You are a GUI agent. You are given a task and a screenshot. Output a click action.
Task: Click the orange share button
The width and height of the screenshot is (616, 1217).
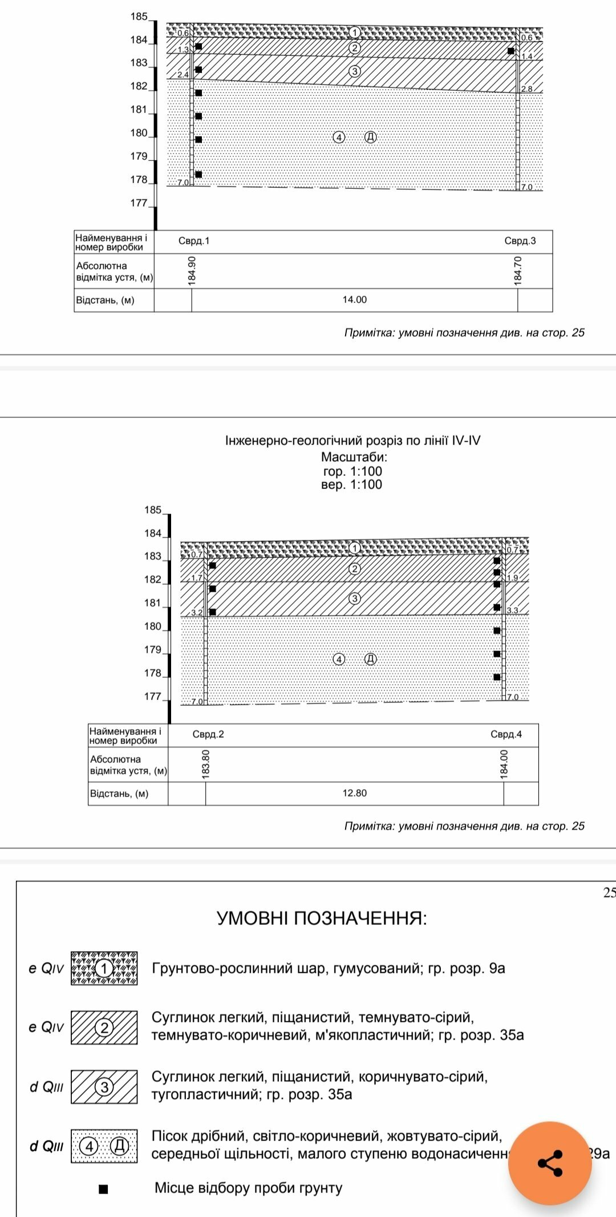click(x=550, y=1163)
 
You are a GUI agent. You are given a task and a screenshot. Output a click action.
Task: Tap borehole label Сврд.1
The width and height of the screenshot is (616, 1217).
click(x=194, y=241)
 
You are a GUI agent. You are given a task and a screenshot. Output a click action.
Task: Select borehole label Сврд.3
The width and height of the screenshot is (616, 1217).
click(x=520, y=241)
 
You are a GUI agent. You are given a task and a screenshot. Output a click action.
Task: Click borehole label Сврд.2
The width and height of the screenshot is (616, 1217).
click(x=208, y=734)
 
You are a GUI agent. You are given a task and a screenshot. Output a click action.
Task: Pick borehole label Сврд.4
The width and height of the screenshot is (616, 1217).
click(x=506, y=734)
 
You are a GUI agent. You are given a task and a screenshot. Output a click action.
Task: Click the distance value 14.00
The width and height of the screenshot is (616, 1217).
click(x=354, y=300)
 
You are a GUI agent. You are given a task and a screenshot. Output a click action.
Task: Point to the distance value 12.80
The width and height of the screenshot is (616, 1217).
click(x=354, y=793)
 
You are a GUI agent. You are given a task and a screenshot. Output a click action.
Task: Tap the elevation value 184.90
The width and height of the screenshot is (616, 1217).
click(x=192, y=270)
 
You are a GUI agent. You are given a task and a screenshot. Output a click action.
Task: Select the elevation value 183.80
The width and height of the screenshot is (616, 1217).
click(x=206, y=764)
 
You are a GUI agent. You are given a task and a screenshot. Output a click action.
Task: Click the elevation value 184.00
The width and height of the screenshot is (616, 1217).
click(x=504, y=764)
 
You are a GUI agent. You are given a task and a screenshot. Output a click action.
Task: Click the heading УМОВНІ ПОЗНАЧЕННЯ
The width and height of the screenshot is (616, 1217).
click(x=322, y=919)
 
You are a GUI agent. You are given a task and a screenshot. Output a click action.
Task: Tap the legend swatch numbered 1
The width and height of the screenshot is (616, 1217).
click(x=104, y=968)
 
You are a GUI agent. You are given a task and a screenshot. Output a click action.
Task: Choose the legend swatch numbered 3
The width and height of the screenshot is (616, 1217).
click(x=104, y=1087)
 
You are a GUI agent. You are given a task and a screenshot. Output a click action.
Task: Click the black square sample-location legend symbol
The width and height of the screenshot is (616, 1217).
click(x=103, y=1189)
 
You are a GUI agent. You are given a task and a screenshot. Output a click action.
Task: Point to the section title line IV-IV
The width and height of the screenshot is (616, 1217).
click(x=352, y=440)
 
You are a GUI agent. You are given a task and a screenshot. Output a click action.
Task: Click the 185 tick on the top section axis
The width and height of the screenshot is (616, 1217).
click(x=139, y=17)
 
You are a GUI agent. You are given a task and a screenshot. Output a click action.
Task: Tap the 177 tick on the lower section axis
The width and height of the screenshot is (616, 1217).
click(x=153, y=697)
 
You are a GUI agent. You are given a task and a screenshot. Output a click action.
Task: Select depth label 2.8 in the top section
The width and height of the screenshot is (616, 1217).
click(x=526, y=89)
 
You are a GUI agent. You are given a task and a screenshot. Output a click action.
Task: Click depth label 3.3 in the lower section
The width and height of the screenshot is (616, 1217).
click(x=513, y=610)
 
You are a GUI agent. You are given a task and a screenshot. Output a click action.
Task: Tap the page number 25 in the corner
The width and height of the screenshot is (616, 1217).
click(x=609, y=893)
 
